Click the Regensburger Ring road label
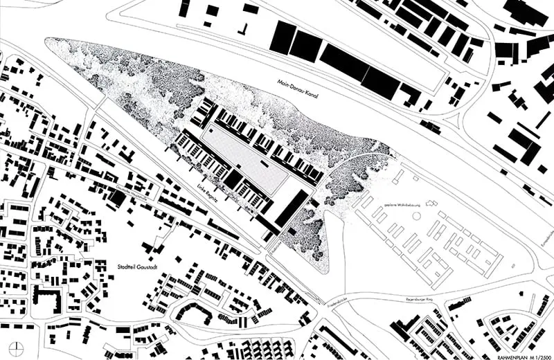(x=422, y=299)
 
